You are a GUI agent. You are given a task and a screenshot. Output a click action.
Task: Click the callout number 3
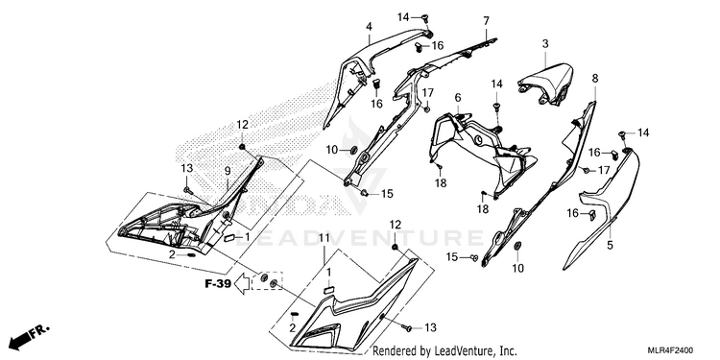(545, 44)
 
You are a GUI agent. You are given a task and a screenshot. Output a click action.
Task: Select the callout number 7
(486, 21)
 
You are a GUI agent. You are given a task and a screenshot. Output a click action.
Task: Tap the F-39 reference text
(218, 284)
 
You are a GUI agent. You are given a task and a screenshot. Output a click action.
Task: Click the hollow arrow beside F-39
(242, 284)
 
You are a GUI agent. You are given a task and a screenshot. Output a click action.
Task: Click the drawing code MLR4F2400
(670, 350)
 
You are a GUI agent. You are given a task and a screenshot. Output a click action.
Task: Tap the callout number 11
(324, 238)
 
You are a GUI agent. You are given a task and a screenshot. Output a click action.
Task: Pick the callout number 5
(610, 245)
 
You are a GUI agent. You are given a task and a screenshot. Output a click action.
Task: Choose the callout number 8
(595, 78)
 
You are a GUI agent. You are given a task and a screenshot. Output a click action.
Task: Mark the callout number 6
(457, 98)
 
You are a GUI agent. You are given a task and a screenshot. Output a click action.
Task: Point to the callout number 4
(369, 27)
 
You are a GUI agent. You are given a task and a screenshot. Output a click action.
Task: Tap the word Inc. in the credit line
(508, 350)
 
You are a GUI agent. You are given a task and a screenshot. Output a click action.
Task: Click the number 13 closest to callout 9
(187, 168)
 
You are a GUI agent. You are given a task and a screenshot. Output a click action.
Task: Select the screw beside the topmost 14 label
(424, 18)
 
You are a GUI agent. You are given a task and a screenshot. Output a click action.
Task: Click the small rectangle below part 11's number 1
(328, 289)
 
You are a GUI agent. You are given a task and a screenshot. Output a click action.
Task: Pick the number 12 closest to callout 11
(396, 224)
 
